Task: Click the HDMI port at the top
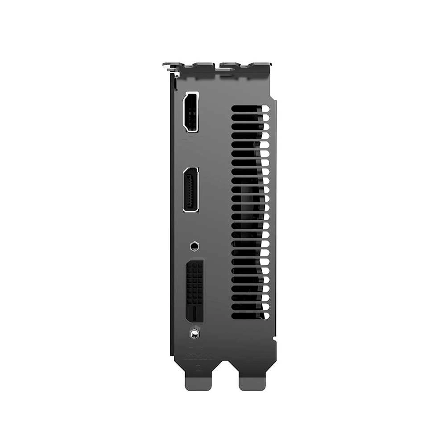tap(191, 111)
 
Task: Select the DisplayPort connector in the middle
tap(191, 190)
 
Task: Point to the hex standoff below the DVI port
tap(194, 333)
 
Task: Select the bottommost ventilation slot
tap(250, 315)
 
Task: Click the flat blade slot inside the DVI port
tap(195, 314)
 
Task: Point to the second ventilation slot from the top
tap(250, 118)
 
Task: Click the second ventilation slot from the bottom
tap(250, 306)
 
